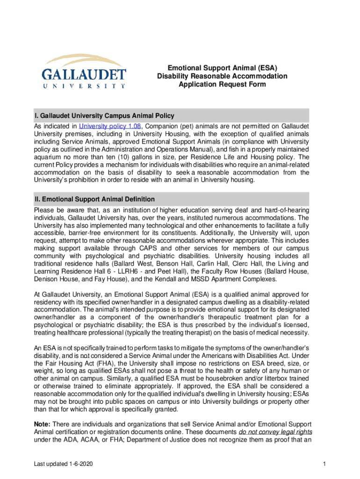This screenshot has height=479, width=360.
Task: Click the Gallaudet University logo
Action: pos(84,72)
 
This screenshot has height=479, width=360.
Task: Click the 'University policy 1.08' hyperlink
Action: pos(110,126)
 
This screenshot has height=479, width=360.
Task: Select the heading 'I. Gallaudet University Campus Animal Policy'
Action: pos(104,115)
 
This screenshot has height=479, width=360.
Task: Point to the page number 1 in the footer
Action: pos(324,464)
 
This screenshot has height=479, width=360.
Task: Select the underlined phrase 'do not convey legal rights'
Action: pos(276,431)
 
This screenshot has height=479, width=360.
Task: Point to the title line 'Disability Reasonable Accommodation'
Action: pos(222,76)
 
